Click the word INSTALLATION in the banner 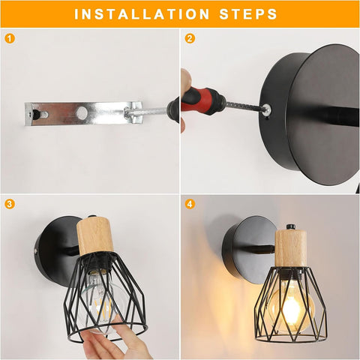142,14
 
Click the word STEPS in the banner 248,14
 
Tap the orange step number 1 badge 10,39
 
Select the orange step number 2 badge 190,39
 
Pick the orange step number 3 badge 10,204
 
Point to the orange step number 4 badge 190,204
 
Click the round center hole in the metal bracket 82,112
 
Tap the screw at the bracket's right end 127,112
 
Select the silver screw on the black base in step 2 266,109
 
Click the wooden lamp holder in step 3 95,235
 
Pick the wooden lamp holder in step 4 291,249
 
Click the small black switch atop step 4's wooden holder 290,227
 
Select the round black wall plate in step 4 249,250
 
